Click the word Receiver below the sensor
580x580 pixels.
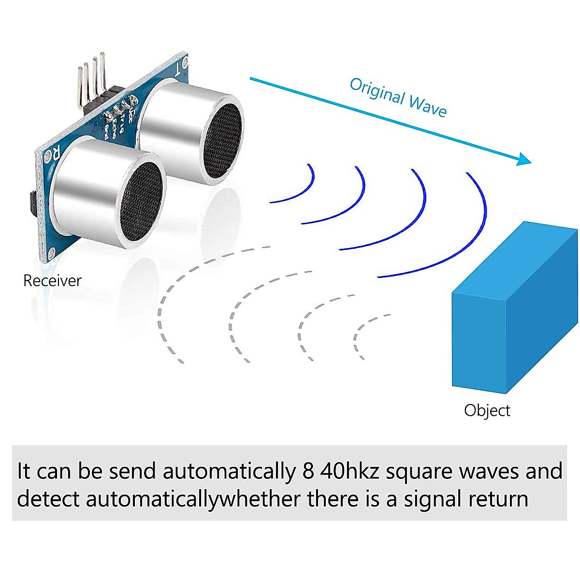52,281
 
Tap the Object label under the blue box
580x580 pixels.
487,410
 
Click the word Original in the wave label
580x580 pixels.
377,91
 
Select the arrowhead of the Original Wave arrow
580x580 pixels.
524,159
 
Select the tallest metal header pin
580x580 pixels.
102,72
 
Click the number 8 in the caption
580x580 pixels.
308,471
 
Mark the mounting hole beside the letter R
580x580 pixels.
48,156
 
